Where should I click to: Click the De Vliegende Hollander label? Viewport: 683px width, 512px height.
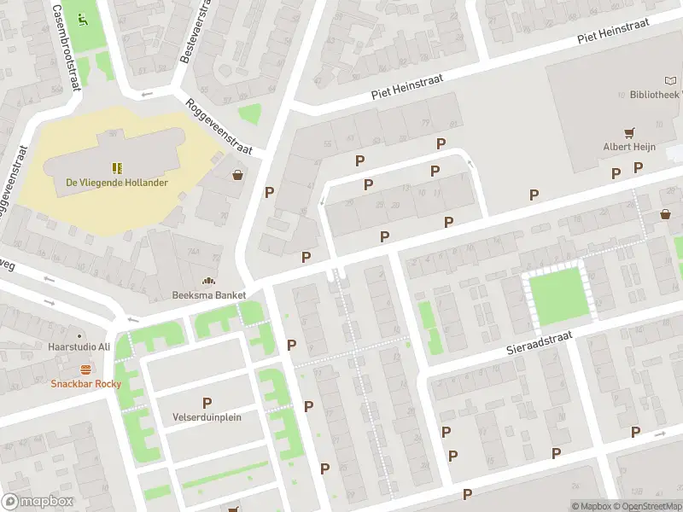[117, 183]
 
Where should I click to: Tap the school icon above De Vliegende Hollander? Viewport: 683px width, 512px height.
[117, 167]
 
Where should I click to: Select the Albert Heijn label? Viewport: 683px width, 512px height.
[629, 147]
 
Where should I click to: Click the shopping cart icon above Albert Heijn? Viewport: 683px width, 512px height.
[630, 132]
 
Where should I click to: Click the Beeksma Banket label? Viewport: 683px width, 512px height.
[209, 295]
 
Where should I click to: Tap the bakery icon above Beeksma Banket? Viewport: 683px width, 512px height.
[208, 281]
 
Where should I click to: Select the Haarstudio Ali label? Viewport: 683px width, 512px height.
[80, 346]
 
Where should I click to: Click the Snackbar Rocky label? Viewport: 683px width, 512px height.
[86, 383]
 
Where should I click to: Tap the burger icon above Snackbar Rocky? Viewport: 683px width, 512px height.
[85, 369]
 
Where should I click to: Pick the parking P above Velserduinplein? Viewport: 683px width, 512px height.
[207, 403]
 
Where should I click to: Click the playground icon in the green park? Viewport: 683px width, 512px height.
[82, 19]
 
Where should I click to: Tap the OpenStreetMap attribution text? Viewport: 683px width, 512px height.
[651, 507]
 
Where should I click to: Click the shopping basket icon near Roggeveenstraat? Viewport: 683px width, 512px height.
[237, 174]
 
